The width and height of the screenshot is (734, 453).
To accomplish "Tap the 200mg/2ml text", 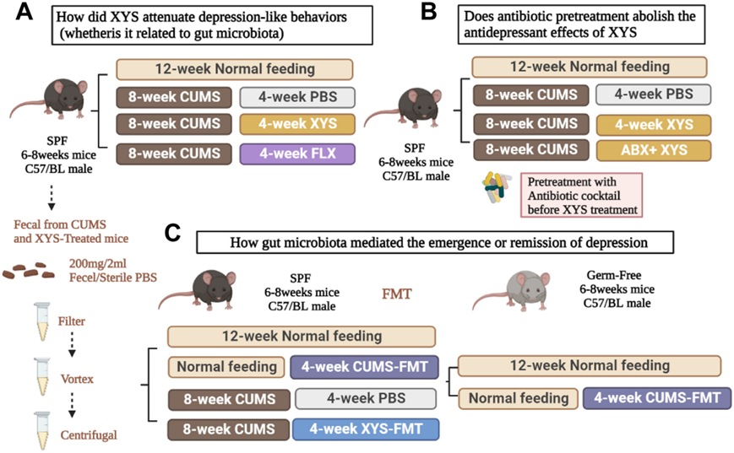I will (x=111, y=264).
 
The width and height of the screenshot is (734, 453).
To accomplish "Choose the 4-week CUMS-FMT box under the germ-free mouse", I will (x=656, y=398).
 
